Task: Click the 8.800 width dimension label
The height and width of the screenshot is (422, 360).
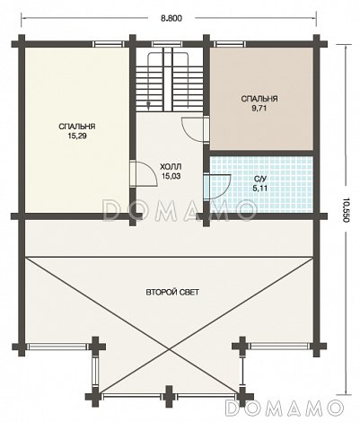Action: click(171, 19)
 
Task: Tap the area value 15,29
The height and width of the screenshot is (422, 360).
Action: click(77, 136)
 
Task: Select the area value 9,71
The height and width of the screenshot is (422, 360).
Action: click(259, 109)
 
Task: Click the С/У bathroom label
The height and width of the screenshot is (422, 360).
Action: click(259, 180)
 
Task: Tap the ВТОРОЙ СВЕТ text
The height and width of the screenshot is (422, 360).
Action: click(172, 292)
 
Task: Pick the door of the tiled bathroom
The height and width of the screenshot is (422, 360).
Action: click(216, 187)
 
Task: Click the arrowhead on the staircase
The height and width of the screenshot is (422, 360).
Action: click(148, 103)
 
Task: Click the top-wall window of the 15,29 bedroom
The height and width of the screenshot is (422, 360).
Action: click(108, 44)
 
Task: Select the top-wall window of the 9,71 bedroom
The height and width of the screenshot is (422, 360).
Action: click(230, 44)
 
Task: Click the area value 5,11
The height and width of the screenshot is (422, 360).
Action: click(259, 189)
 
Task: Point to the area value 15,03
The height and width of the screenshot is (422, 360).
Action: click(171, 176)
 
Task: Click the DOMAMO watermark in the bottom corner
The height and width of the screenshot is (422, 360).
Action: click(284, 408)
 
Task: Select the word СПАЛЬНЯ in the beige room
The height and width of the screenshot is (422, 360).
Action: click(259, 99)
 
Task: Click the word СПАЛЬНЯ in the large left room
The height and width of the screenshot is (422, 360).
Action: click(77, 127)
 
